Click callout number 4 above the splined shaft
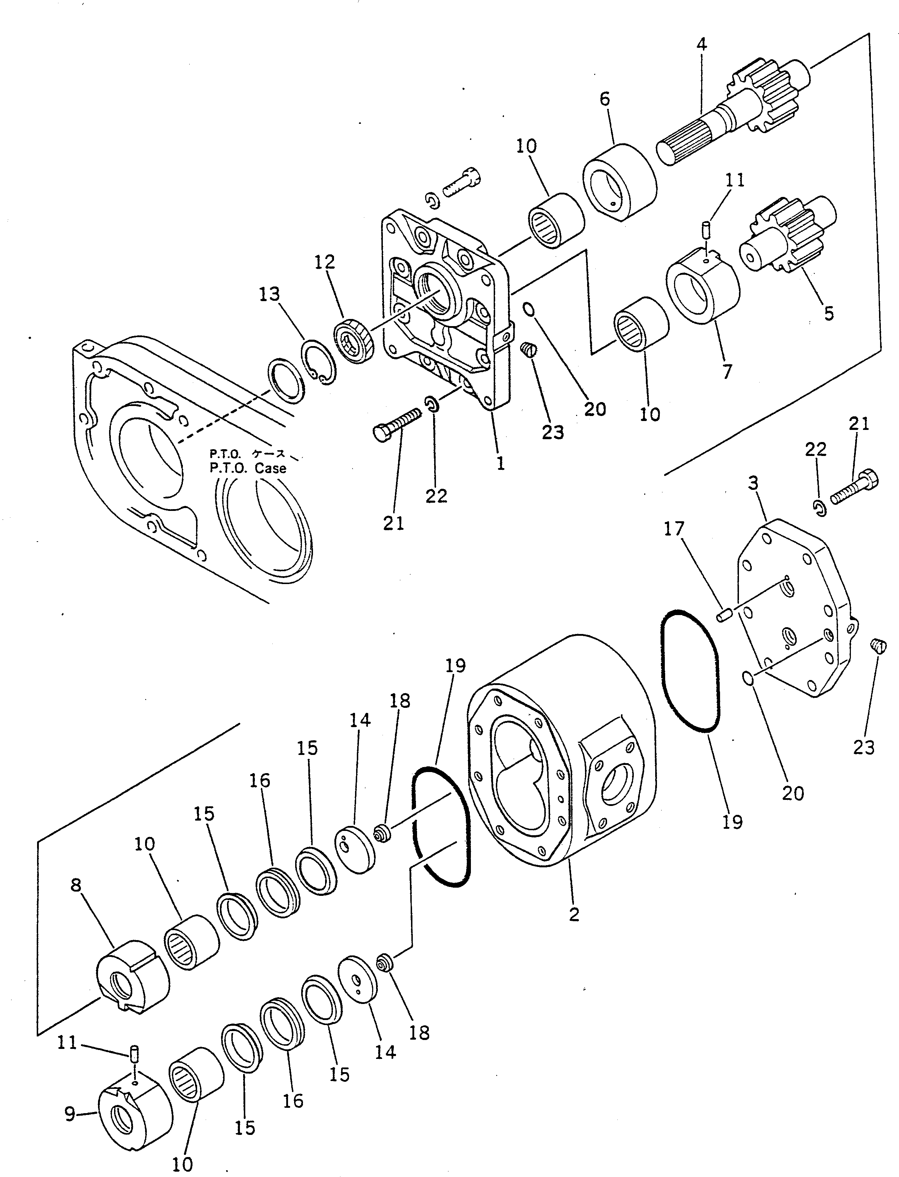702,45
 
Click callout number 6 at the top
605,100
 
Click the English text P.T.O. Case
248,468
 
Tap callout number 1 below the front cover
500,464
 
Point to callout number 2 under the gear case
574,914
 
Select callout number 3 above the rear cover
753,483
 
